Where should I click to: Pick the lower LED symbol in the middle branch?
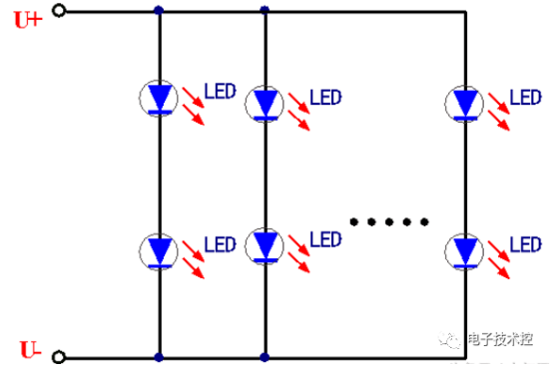click(265, 242)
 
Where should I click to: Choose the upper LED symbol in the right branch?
click(465, 102)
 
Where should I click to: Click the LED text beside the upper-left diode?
click(220, 92)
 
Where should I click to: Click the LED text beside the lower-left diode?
click(220, 243)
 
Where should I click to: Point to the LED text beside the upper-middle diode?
click(325, 97)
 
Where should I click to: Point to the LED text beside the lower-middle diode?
click(325, 238)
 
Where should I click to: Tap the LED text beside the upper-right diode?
click(526, 97)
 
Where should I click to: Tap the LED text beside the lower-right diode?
click(526, 243)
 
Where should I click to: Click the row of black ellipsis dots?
click(392, 220)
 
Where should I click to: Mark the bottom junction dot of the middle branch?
click(265, 356)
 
